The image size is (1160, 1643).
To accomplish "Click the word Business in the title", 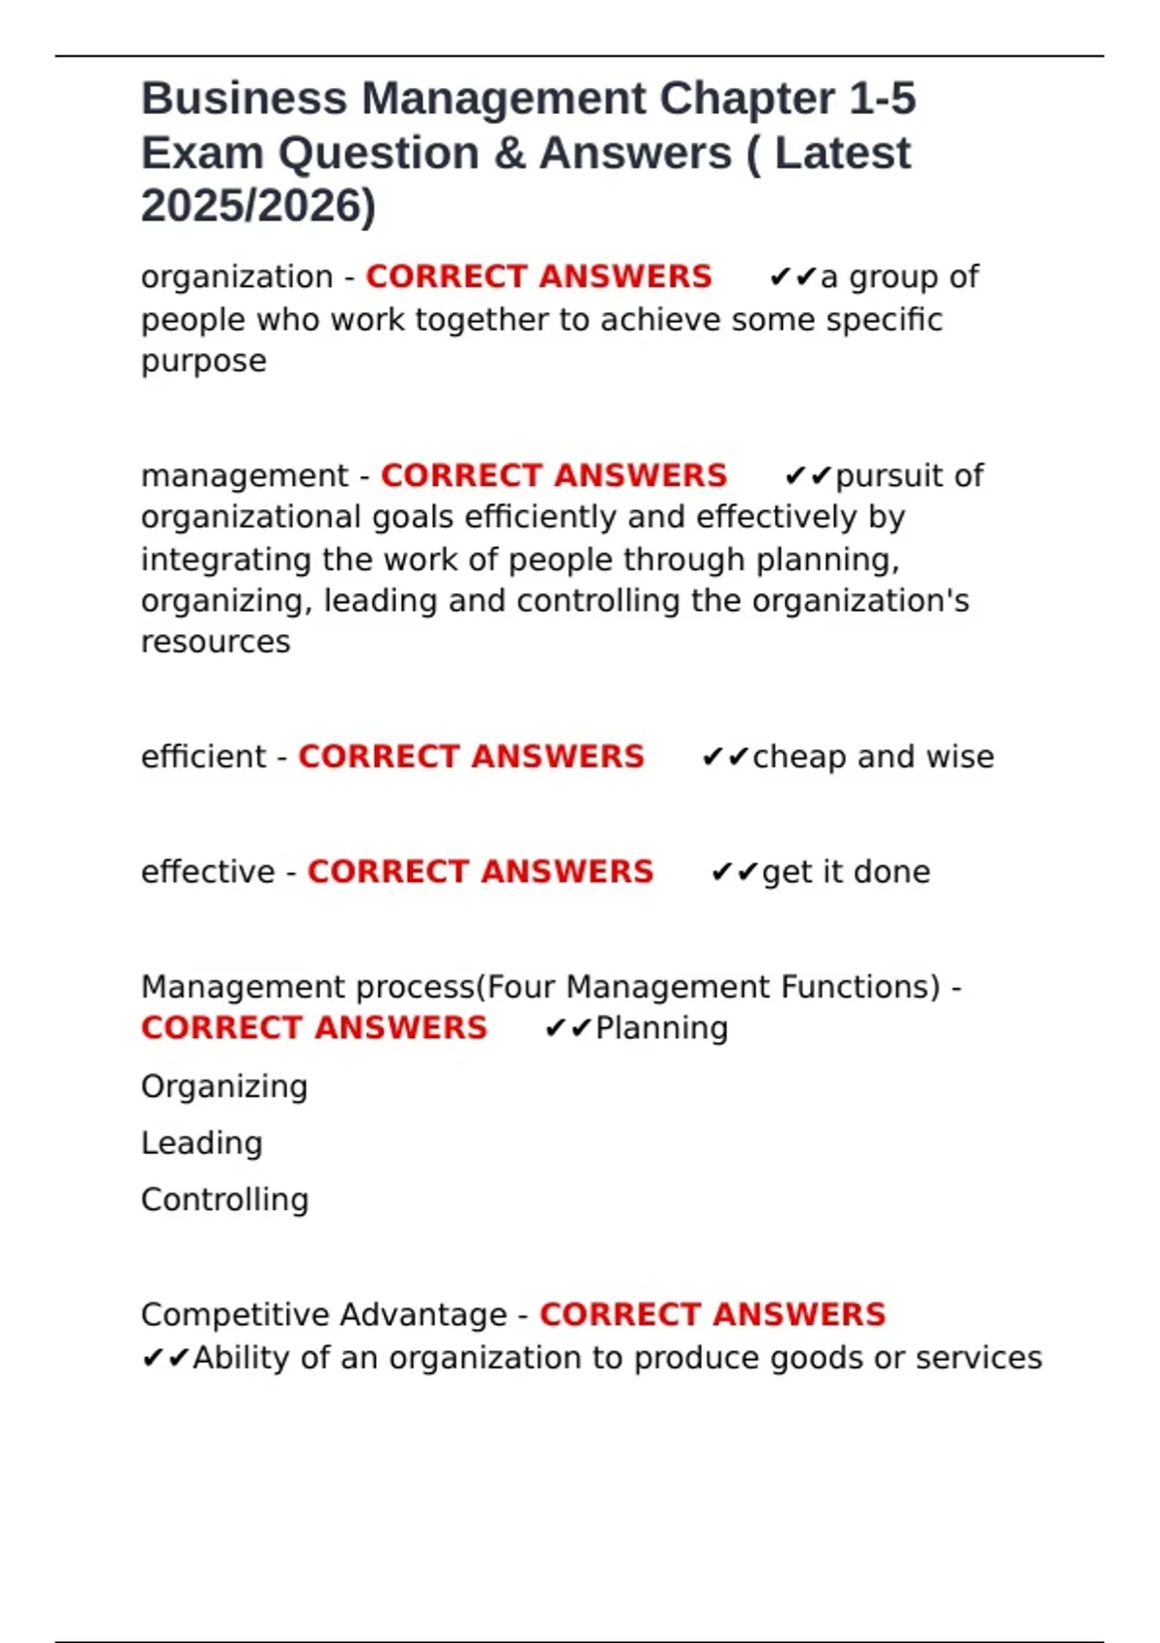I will pos(244,100).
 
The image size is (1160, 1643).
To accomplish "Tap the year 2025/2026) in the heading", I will pos(258,206).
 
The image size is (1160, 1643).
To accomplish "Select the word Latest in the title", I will pos(842,154).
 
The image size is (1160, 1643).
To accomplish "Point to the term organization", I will pos(237,277).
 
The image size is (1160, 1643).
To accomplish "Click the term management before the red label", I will pos(245,476).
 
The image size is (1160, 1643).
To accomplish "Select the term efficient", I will pos(203,757).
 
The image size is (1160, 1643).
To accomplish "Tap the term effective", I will pos(208,872).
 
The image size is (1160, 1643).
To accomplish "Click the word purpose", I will pos(203,361).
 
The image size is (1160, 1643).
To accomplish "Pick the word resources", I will pos(216,642).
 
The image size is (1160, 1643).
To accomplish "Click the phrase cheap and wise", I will pos(873,757).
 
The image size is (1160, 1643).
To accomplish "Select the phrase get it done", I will pos(846,872).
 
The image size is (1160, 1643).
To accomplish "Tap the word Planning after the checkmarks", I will pos(661,1028).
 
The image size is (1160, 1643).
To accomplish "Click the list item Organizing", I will pos(224,1086).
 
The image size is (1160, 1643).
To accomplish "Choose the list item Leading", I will pos(201,1143).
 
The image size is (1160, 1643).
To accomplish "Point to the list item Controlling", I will pos(224,1200).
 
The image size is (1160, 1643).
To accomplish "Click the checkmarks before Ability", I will pos(165,1359).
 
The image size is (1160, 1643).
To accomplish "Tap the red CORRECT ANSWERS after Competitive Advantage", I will pos(712,1315).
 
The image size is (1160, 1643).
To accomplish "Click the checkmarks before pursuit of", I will pos(808,476).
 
